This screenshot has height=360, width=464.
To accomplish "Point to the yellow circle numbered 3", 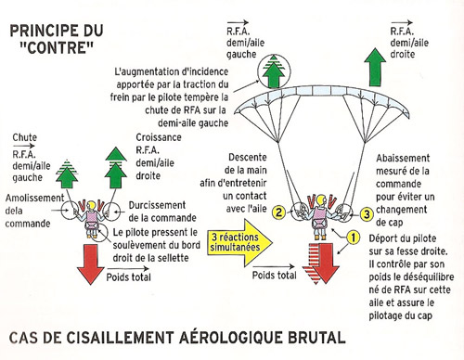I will click(x=367, y=213).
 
